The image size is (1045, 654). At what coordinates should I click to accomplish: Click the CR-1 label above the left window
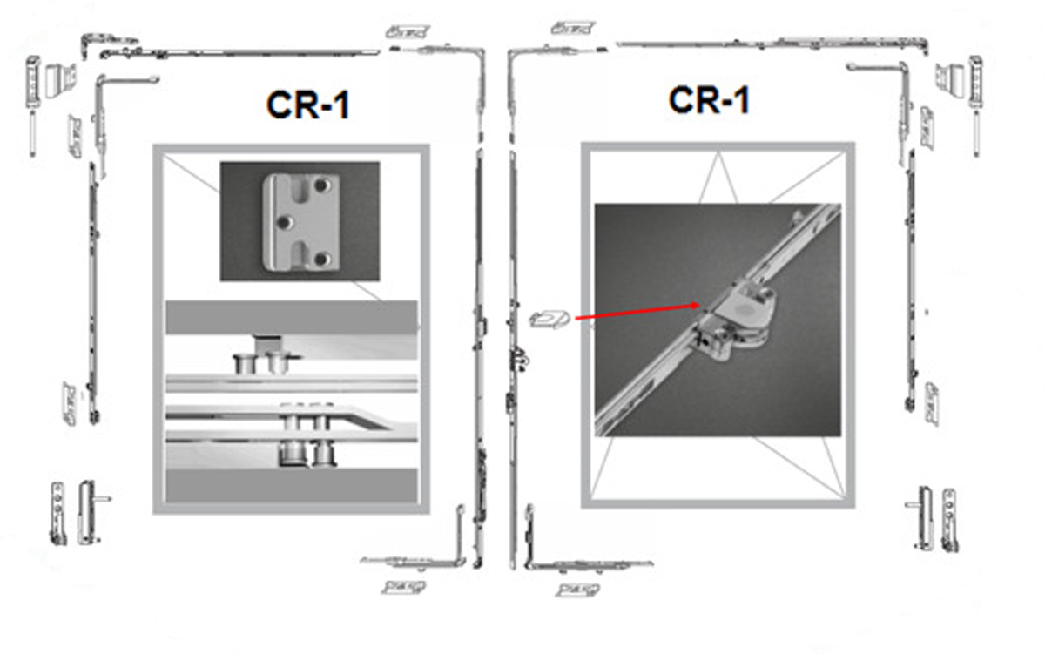[x=308, y=105]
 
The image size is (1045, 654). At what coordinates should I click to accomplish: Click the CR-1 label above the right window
[x=709, y=100]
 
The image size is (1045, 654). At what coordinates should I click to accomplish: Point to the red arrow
[x=637, y=312]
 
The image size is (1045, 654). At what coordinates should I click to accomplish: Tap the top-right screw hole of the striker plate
[x=321, y=185]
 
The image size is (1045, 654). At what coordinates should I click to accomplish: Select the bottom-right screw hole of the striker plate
[x=321, y=259]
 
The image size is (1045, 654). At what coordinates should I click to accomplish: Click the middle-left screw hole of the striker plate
[x=284, y=222]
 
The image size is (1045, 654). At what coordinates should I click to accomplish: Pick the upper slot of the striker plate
[x=302, y=189]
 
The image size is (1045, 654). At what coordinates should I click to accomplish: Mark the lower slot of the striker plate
[x=302, y=256]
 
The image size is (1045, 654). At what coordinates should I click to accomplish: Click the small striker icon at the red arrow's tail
[x=549, y=319]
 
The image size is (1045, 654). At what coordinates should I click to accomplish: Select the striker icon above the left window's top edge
[x=408, y=31]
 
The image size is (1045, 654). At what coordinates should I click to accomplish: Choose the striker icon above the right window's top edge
[x=572, y=28]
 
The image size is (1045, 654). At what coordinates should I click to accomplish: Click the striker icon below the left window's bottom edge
[x=403, y=587]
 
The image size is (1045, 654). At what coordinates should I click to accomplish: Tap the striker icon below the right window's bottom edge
[x=578, y=590]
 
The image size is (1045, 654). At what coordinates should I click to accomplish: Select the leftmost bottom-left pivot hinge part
[x=57, y=514]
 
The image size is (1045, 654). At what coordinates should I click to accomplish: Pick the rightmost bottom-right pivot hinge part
[x=949, y=520]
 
